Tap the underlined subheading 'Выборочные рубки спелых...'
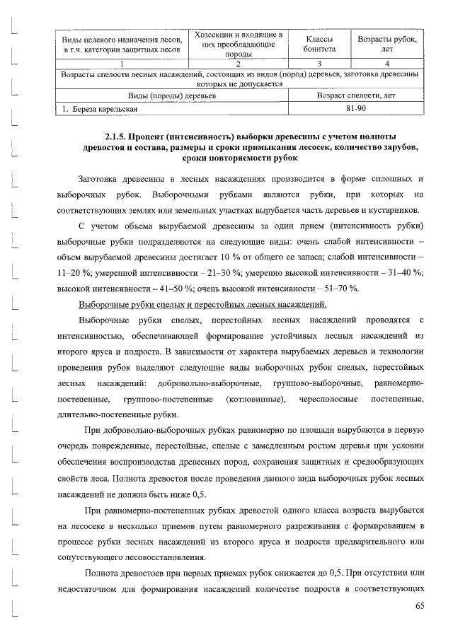[202, 305]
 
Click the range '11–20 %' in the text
[70, 272]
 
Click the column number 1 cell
[122, 63]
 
